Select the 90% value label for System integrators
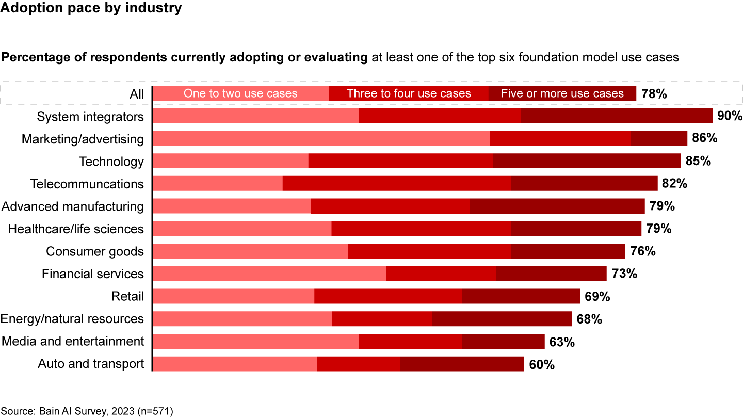pos(730,116)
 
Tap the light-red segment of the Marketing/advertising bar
pos(321,138)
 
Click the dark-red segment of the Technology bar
pos(587,161)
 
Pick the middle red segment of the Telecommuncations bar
pos(397,184)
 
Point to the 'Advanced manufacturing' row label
pos(73,206)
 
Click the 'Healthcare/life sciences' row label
pos(76,229)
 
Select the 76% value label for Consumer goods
pos(643,251)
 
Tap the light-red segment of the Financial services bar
pos(269,274)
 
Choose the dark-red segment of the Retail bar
pos(521,296)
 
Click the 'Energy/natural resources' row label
pos(72,319)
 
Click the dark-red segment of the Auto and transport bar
pos(462,364)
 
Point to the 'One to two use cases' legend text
pos(240,93)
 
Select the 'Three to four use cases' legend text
pos(409,93)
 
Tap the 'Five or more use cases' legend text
pos(562,93)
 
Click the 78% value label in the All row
pos(654,94)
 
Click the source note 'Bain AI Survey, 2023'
pos(87,411)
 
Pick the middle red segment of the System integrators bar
pos(440,116)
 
